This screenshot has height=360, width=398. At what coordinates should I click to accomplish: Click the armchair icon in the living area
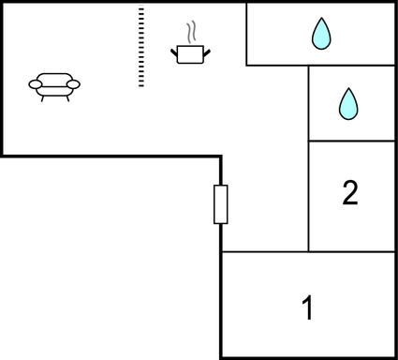(54, 85)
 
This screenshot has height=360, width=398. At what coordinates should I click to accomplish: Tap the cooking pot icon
(191, 52)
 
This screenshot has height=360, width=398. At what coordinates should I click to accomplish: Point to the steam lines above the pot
(192, 32)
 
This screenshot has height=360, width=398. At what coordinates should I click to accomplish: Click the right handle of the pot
(208, 50)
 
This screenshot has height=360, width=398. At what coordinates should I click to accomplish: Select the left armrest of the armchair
(36, 84)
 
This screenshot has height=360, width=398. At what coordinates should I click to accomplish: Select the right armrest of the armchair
(74, 84)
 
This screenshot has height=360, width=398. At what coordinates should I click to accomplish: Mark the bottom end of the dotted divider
(141, 84)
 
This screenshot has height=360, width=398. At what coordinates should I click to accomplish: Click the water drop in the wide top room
(321, 34)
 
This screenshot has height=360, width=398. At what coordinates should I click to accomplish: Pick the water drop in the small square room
(348, 103)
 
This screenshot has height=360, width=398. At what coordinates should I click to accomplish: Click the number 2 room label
(350, 193)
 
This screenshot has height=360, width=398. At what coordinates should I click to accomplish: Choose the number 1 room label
(306, 307)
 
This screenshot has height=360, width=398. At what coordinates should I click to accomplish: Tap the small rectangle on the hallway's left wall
(221, 204)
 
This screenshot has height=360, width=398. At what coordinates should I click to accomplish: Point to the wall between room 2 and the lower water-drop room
(351, 141)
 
